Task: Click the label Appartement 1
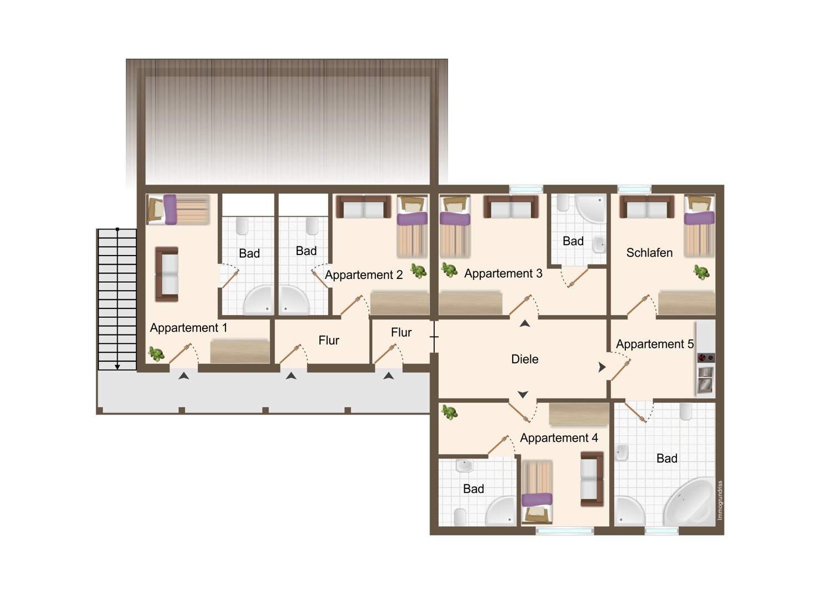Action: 188,328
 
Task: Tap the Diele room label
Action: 525,359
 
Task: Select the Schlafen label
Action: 649,253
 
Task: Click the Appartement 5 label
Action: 655,344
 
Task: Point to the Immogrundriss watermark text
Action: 720,500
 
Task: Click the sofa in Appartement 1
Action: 167,274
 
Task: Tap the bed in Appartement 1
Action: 178,209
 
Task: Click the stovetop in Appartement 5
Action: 705,358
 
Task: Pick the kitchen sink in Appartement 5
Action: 705,379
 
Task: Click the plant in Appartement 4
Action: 449,413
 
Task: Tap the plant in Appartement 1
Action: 157,353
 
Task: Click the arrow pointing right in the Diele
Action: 601,367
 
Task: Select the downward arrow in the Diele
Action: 523,395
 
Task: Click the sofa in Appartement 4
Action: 592,479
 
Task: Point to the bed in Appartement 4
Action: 536,492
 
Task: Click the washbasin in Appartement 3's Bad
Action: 599,245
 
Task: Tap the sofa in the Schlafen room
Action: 647,207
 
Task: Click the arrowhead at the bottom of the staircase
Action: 117,367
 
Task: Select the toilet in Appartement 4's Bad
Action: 460,517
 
